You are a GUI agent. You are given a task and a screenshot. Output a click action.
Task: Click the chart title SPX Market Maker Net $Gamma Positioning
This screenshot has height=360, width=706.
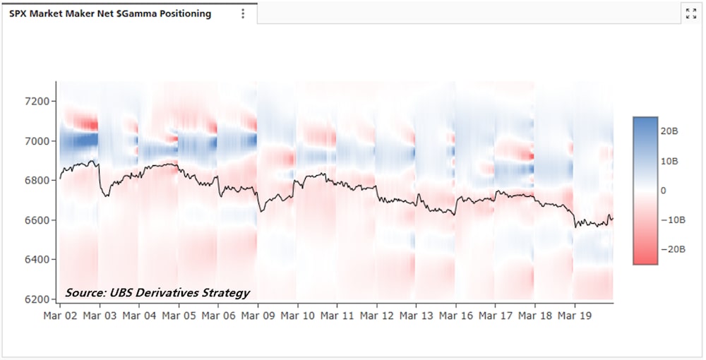[109, 13]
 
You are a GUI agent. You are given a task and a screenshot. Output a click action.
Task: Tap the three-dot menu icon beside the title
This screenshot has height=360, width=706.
[243, 13]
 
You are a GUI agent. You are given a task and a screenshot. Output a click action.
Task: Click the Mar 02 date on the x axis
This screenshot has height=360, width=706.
[60, 315]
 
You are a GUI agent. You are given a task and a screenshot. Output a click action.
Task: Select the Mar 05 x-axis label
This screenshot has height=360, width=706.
[179, 315]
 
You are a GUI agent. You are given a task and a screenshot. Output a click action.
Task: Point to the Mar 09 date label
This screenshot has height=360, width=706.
[258, 315]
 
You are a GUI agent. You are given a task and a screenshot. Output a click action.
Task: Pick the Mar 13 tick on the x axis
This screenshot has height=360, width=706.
[416, 315]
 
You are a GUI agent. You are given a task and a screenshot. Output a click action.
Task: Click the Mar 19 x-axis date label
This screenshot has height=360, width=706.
[574, 315]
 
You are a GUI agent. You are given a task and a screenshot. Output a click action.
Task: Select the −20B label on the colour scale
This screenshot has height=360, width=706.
[673, 250]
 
